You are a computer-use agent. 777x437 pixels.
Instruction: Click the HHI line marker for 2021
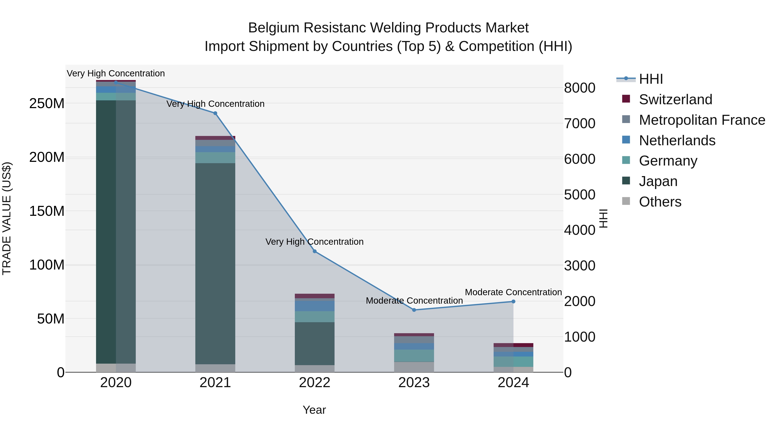coord(215,113)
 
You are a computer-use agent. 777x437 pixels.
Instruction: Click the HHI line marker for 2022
coord(315,251)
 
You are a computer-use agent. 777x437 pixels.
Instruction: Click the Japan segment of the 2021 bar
coord(215,262)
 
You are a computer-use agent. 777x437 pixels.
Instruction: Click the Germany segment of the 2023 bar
coord(414,356)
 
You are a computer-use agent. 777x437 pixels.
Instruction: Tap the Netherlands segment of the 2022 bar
coord(315,306)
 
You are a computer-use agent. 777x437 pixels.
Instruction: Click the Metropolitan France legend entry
coord(702,120)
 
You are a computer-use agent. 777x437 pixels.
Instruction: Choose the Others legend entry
coord(660,202)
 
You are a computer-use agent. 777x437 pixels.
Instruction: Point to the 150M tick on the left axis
coord(47,211)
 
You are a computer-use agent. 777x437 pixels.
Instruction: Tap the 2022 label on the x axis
coord(315,383)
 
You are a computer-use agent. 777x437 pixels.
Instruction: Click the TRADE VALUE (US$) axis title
coord(7,218)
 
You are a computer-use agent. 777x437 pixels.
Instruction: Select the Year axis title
coord(314,410)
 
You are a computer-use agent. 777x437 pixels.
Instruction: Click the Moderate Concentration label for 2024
coord(513,292)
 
